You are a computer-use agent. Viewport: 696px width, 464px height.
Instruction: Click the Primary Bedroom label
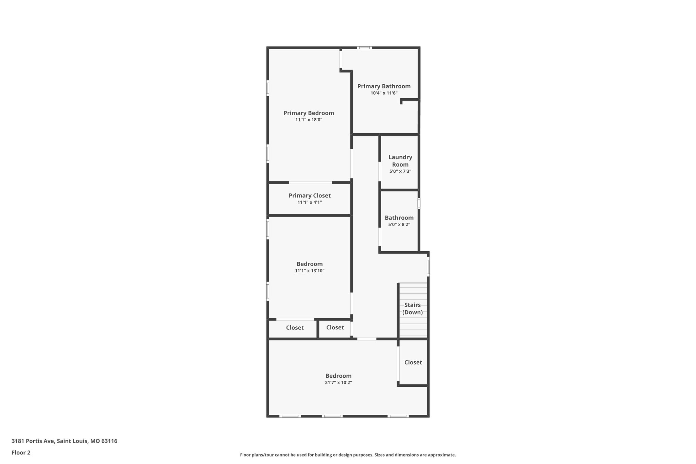(x=309, y=113)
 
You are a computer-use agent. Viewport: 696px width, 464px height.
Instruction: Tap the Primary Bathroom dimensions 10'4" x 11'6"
(x=384, y=93)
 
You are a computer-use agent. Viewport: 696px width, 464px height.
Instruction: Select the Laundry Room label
(x=400, y=161)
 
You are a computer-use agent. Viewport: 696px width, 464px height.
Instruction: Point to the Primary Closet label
(x=309, y=195)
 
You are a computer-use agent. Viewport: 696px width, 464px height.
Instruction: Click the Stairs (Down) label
(x=412, y=309)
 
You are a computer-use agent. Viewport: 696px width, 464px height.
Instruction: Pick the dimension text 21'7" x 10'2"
(x=338, y=382)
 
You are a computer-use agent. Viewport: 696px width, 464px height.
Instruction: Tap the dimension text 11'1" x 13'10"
(x=309, y=271)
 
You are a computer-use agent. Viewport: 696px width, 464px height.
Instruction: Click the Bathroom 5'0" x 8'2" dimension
(x=399, y=224)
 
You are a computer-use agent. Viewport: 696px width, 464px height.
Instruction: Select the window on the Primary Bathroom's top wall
(x=364, y=48)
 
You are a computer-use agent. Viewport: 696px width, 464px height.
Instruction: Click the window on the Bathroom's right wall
(x=419, y=203)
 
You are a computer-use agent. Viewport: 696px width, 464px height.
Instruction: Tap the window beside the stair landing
(x=428, y=267)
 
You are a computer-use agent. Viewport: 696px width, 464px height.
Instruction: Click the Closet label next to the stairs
(x=413, y=362)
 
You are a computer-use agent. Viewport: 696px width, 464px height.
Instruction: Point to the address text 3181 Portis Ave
(x=64, y=441)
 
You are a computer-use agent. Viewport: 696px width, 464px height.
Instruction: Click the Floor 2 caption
(x=21, y=452)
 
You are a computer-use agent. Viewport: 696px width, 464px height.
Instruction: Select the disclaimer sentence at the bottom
(x=348, y=455)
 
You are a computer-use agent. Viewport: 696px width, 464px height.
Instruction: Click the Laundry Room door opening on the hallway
(x=380, y=171)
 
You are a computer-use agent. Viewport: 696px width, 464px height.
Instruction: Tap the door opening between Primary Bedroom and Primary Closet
(x=310, y=183)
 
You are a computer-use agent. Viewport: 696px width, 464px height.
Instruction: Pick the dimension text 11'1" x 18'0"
(x=309, y=120)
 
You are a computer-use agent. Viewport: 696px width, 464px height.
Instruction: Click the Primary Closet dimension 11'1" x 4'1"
(x=309, y=202)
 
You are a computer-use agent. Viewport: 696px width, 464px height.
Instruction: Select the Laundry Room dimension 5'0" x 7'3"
(x=400, y=171)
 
